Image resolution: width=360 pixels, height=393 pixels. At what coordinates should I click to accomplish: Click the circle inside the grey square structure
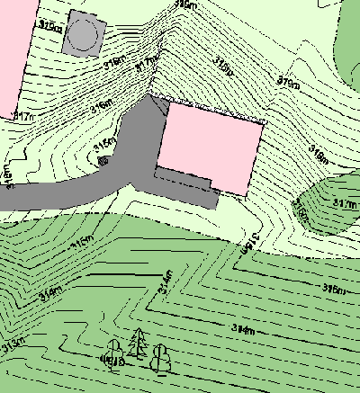click(83, 35)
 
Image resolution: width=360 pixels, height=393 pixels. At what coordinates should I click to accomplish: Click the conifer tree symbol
click(137, 343)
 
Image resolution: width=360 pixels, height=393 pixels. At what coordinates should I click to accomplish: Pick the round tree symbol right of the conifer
click(161, 358)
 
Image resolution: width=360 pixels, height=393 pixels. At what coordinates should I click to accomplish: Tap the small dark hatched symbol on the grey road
click(102, 162)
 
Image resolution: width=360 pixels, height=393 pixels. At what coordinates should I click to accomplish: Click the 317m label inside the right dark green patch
click(343, 205)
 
